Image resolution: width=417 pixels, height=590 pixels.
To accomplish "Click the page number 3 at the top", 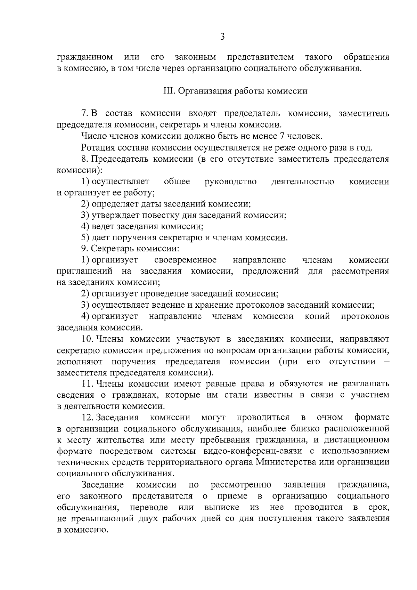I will tap(223, 37).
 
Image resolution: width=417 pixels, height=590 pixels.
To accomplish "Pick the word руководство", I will tap(231, 182).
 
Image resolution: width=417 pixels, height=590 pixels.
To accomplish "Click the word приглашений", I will tap(85, 272).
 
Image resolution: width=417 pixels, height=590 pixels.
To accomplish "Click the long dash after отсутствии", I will tap(387, 362).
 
